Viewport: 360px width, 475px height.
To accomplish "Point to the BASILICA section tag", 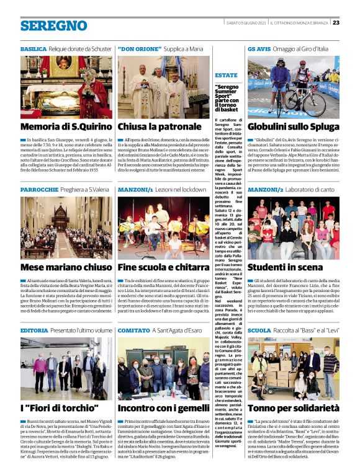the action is point(33,48).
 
